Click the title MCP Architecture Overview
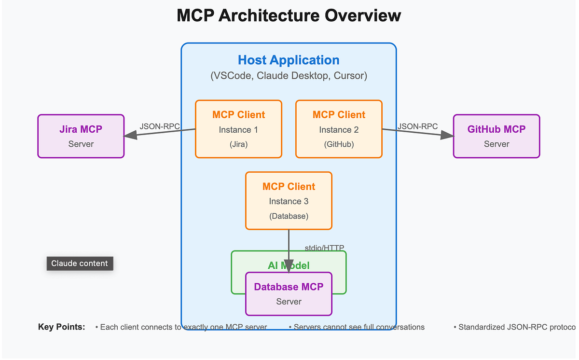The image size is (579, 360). click(289, 15)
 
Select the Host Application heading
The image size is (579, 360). click(289, 60)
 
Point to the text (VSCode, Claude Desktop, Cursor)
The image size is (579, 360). click(289, 76)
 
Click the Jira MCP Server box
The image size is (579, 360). click(81, 136)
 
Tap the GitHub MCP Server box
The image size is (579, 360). click(496, 136)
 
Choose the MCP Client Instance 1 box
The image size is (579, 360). click(238, 129)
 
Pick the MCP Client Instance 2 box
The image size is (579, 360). click(339, 129)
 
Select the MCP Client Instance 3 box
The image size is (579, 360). click(289, 201)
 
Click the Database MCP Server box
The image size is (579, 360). click(289, 294)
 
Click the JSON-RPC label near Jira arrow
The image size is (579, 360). click(160, 126)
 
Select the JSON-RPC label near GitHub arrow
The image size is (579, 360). click(417, 126)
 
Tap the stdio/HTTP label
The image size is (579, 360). click(324, 248)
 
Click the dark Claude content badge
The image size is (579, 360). click(80, 263)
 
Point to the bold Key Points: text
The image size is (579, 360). click(61, 327)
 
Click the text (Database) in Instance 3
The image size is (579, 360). click(289, 216)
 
